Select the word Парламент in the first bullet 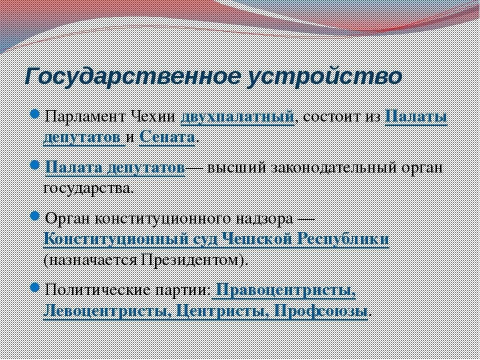[x=84, y=117]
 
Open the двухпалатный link [x=236, y=117]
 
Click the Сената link [x=167, y=137]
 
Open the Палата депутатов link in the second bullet [x=114, y=167]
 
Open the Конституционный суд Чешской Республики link [x=216, y=239]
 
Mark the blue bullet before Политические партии [x=34, y=287]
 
